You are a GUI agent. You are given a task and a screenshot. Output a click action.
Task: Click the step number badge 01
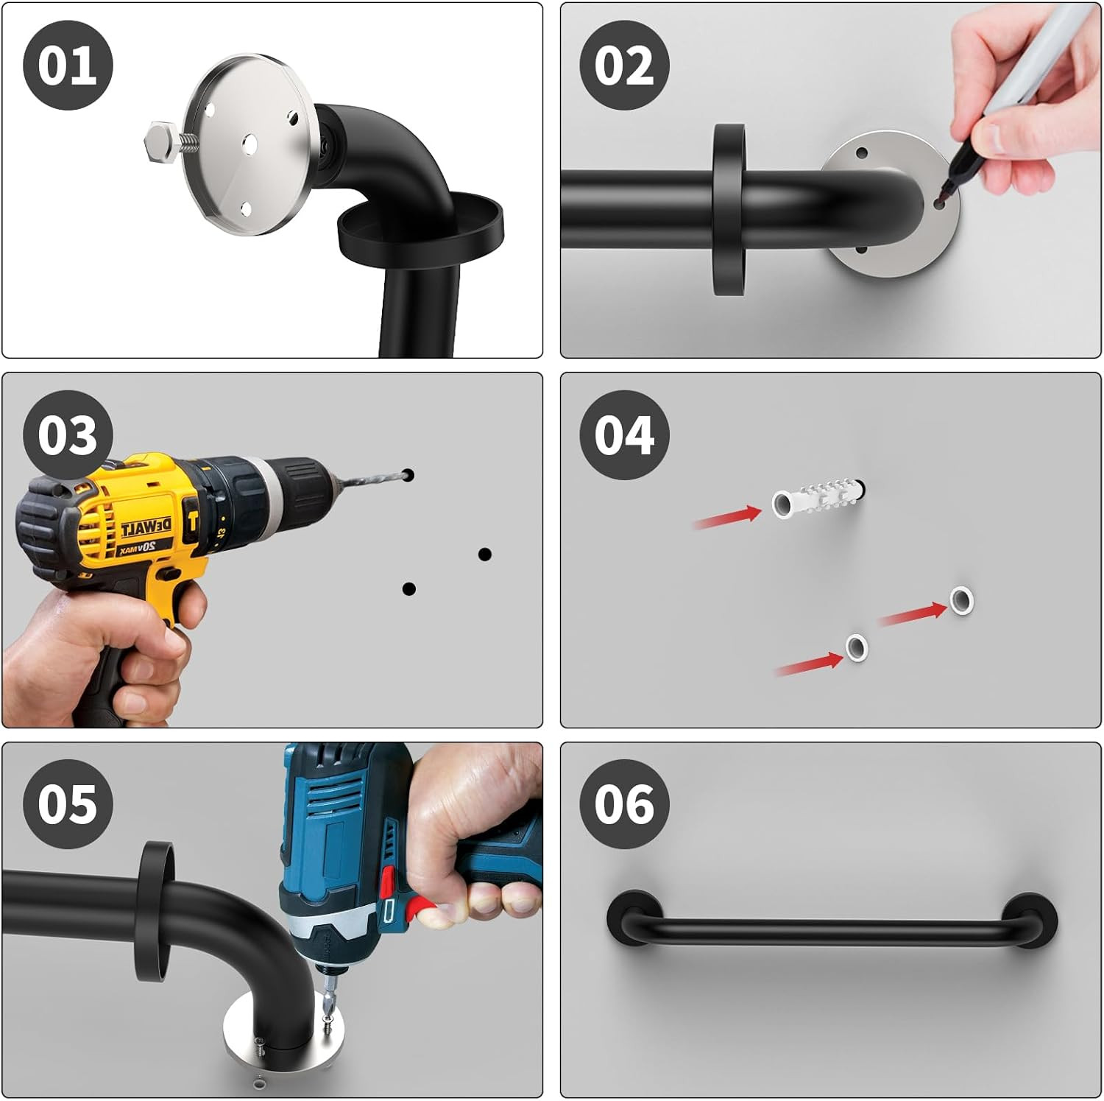pyautogui.click(x=68, y=66)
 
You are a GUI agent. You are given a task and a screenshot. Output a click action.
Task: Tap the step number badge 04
pyautogui.click(x=624, y=435)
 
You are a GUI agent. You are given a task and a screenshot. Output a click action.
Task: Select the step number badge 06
pyautogui.click(x=624, y=803)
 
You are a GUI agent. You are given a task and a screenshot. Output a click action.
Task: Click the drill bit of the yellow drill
pyautogui.click(x=372, y=479)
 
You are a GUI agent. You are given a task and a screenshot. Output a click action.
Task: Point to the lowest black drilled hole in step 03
pyautogui.click(x=409, y=588)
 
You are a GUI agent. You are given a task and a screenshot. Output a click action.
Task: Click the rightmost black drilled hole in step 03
pyautogui.click(x=484, y=554)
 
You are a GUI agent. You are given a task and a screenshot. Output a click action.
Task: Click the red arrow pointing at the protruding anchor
pyautogui.click(x=728, y=517)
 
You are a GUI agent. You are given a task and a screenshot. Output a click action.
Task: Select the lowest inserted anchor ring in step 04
pyautogui.click(x=855, y=647)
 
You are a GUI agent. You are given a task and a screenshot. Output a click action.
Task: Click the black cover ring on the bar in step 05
pyautogui.click(x=156, y=912)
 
